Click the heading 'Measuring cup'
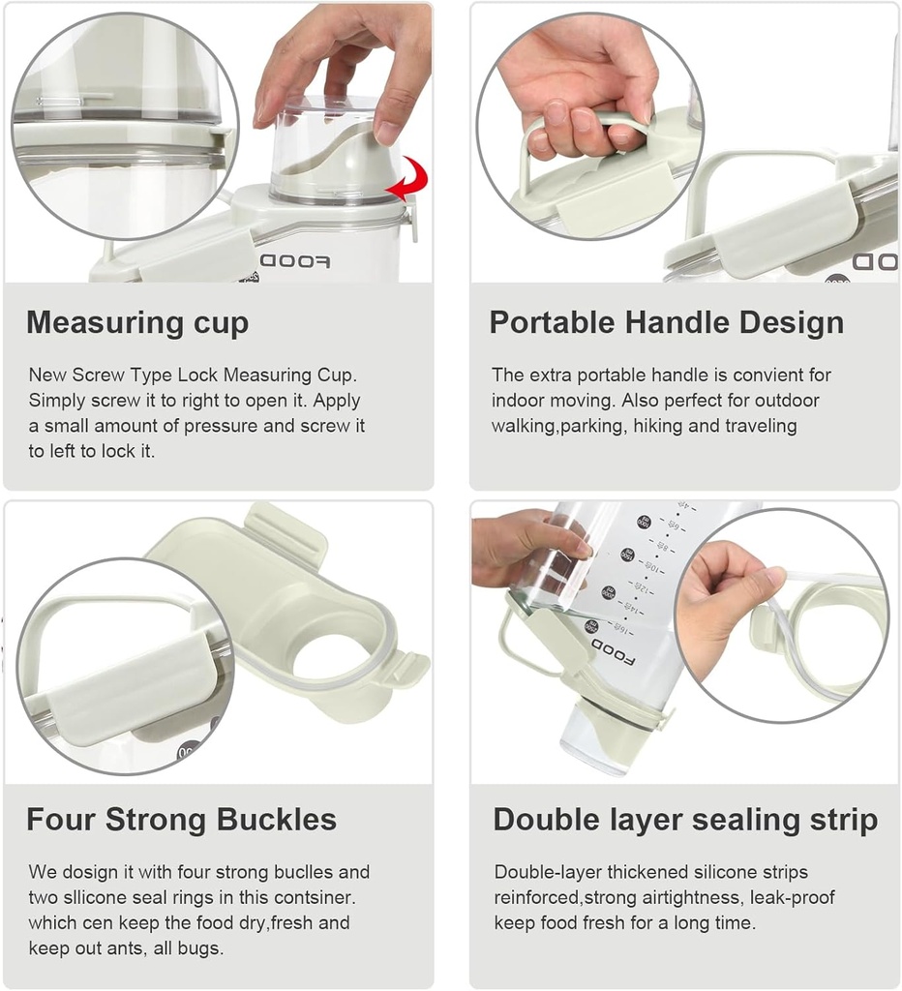(137, 322)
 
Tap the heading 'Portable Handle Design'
(666, 322)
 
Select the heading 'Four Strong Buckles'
(181, 820)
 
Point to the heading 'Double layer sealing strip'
(685, 820)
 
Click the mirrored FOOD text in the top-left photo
(295, 262)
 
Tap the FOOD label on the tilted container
(612, 652)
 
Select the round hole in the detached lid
(333, 657)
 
